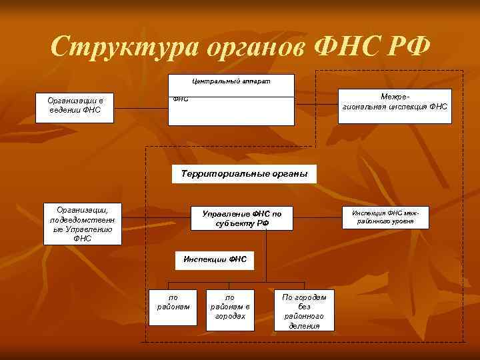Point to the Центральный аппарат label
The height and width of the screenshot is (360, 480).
[231, 79]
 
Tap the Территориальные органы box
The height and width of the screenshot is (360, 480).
[244, 174]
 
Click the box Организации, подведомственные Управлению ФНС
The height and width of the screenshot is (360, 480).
[83, 223]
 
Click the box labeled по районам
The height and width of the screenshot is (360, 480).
[173, 307]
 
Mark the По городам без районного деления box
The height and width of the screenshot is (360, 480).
[304, 311]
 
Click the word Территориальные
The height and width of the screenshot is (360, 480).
[217, 174]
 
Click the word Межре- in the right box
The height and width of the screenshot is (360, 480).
[395, 97]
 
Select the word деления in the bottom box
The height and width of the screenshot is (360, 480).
[304, 326]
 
